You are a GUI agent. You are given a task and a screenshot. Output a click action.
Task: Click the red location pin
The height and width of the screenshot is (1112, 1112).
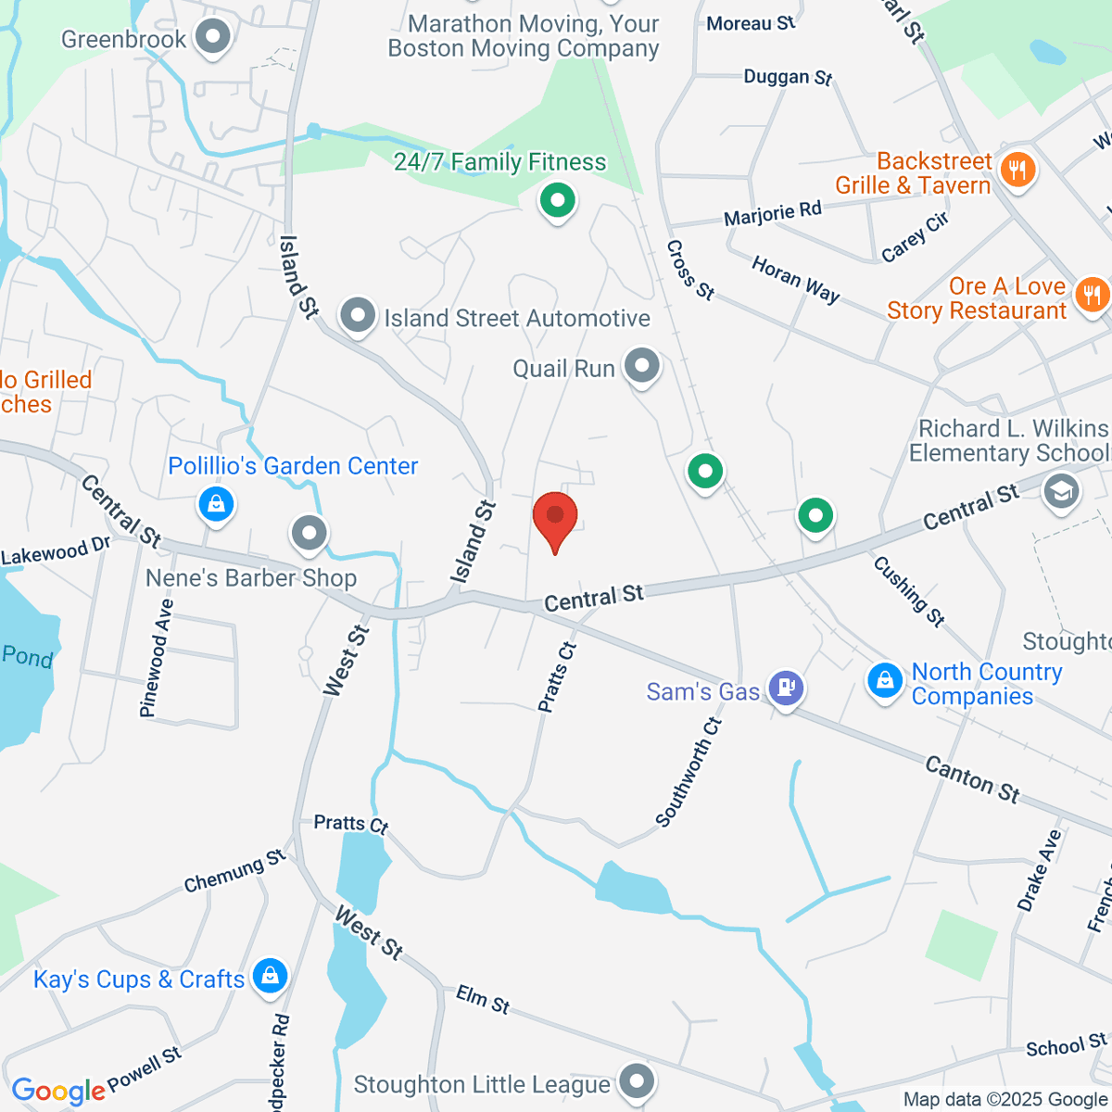tap(555, 516)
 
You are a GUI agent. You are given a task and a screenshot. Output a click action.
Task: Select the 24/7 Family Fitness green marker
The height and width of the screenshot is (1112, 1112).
tap(557, 199)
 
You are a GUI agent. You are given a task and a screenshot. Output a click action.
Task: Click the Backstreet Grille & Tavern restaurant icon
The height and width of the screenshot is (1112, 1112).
tap(1017, 170)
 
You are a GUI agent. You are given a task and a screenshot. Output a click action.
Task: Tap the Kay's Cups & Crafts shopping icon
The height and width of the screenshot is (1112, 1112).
tap(270, 976)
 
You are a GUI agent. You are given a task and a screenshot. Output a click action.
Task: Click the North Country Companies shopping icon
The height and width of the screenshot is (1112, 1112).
tap(885, 679)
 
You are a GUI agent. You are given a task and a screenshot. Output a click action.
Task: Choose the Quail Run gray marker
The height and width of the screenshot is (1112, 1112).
tap(641, 366)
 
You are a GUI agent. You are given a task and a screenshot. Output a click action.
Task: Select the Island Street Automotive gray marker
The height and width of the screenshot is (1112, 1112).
tap(358, 316)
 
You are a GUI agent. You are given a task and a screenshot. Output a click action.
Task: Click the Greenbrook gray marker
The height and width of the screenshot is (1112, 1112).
tap(214, 38)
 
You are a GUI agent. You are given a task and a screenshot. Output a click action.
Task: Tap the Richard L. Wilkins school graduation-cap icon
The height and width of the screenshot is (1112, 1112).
tap(1061, 490)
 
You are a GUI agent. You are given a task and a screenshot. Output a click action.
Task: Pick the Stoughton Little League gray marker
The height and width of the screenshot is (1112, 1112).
tap(637, 1080)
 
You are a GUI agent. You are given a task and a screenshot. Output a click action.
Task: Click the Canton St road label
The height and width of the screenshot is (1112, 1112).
tap(972, 779)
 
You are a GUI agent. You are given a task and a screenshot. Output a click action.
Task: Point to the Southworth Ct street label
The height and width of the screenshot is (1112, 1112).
tap(688, 771)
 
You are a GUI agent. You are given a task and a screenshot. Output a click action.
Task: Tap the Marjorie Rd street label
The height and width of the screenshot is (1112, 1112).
tap(772, 214)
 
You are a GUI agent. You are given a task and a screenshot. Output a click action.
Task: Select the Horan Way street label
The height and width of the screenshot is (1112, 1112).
tap(795, 279)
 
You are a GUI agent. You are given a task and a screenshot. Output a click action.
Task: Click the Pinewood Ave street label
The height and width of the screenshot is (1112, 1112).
tap(156, 658)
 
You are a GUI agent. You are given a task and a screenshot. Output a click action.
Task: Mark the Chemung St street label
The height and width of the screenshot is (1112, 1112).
tap(234, 871)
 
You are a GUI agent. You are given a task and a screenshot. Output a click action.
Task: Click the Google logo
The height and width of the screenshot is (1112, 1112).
tap(57, 1091)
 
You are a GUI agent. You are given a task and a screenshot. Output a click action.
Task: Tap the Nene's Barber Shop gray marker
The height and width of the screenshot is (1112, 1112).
tap(310, 532)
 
